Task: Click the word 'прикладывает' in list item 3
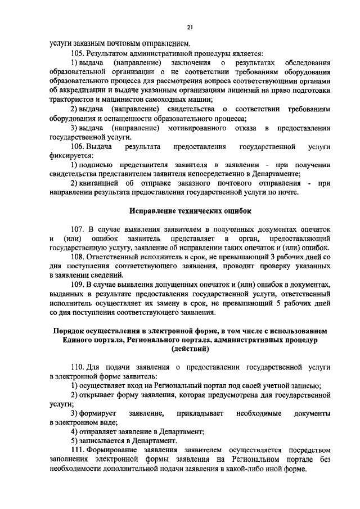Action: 200,413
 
